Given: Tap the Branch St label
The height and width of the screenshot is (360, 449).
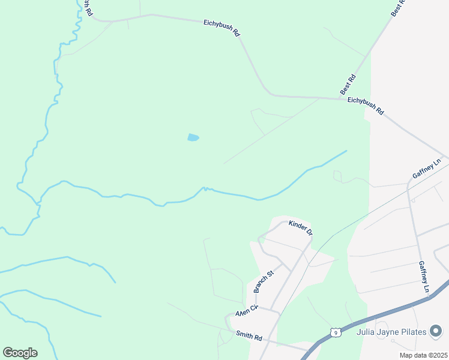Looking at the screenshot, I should (264, 282).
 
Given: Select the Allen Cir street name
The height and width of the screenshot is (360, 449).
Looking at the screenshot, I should (246, 312).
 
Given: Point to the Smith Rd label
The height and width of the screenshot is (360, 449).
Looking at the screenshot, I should (249, 337).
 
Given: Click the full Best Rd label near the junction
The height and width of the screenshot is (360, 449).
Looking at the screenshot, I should (348, 85).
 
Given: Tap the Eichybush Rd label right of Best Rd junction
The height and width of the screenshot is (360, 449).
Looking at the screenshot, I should (366, 106).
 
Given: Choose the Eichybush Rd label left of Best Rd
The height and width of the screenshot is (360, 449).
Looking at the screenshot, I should (221, 28).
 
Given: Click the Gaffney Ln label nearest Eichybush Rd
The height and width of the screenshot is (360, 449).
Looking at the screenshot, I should (427, 169).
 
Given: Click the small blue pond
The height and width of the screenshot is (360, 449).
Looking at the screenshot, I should (193, 137).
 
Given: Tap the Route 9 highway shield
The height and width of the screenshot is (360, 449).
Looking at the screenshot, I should (336, 332).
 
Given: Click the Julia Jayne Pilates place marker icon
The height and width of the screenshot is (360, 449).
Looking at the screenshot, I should (436, 331).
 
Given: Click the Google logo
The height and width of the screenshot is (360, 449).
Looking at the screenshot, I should (20, 352).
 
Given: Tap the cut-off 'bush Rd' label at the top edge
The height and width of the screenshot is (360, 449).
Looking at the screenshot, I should (87, 7).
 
